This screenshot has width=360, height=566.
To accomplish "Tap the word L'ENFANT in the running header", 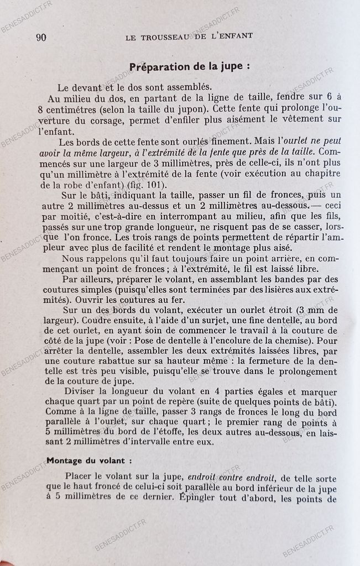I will coord(230,36).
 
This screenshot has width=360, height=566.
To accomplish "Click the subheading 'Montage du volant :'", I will coord(89,460).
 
